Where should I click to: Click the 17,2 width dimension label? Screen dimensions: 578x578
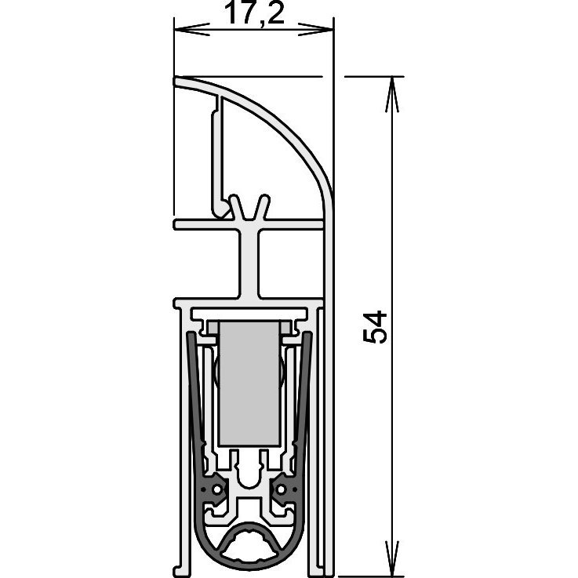click(254, 14)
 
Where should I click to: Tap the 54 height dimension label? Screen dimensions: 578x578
click(375, 327)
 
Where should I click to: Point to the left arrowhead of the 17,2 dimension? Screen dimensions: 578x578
click(191, 30)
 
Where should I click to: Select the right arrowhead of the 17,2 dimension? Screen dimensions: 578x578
click(315, 30)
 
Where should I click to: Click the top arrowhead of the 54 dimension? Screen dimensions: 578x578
click(392, 94)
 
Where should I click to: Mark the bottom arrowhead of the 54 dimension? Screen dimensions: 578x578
click(392, 558)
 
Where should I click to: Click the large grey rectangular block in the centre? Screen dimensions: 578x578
click(249, 384)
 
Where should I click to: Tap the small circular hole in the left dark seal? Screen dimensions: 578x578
click(217, 489)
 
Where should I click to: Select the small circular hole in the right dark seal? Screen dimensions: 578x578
click(282, 489)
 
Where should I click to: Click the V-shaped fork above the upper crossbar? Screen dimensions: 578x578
click(249, 209)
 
